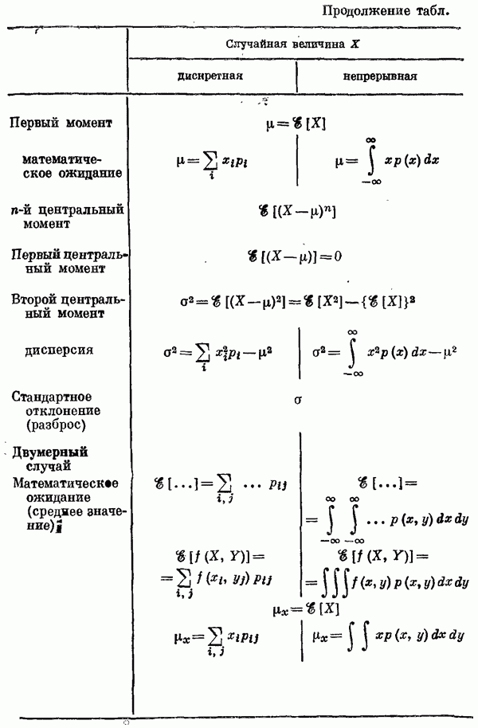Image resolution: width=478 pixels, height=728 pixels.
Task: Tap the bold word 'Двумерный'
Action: tap(49, 452)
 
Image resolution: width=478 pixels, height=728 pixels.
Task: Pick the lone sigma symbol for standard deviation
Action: tap(297, 401)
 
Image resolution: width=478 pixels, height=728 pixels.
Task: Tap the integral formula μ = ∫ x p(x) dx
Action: tap(387, 162)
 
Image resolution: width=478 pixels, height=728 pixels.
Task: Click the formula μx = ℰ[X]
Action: tap(296, 609)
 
